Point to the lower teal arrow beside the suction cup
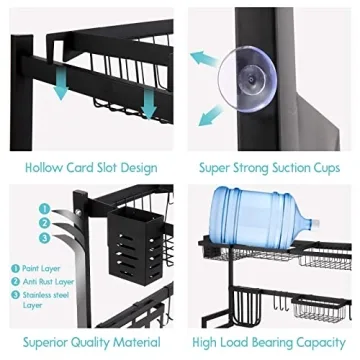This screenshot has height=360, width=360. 208,117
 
